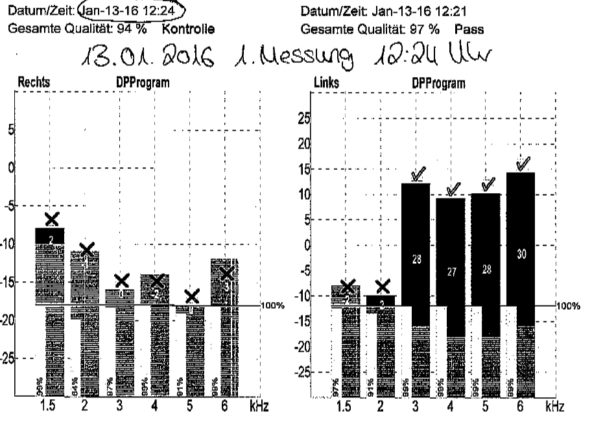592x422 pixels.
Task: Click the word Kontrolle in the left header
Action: click(192, 29)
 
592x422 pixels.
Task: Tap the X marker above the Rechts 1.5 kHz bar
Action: click(51, 218)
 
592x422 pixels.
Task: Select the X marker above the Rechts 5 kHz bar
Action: click(191, 296)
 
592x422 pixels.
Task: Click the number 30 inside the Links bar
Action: click(522, 255)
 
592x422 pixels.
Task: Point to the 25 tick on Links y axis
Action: click(302, 119)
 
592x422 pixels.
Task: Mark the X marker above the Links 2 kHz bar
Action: click(383, 285)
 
